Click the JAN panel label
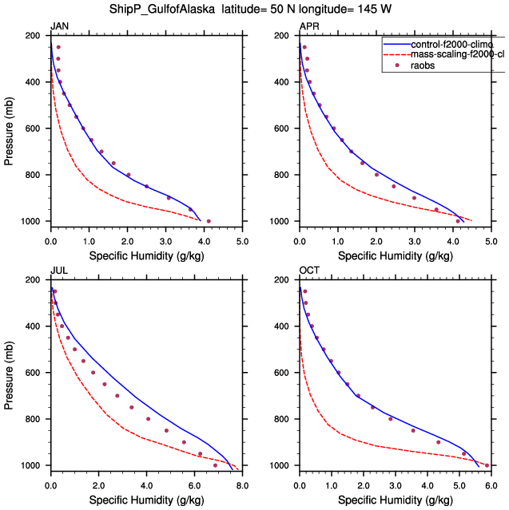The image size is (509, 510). [59, 27]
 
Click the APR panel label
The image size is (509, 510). [308, 27]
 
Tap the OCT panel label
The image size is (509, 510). [309, 271]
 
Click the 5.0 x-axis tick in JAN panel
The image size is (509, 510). [242, 240]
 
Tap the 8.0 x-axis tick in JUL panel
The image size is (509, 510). [242, 484]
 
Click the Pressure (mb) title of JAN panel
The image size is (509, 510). [9, 128]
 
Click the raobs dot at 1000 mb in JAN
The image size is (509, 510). [209, 221]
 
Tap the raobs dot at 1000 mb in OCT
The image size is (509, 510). [487, 465]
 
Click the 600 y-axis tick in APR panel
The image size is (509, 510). [284, 128]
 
